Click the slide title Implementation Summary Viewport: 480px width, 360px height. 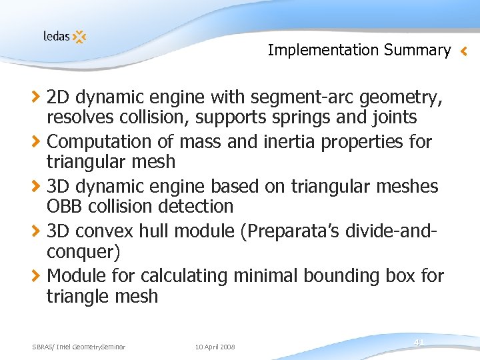[x=359, y=49]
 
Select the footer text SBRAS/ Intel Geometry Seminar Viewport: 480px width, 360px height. [x=79, y=347]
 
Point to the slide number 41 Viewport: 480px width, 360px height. [x=419, y=342]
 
